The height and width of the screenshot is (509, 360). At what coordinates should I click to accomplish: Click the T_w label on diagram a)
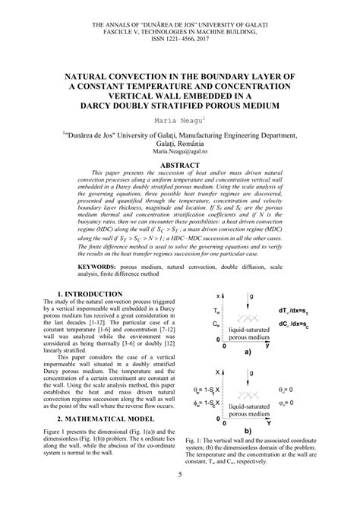click(218, 311)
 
